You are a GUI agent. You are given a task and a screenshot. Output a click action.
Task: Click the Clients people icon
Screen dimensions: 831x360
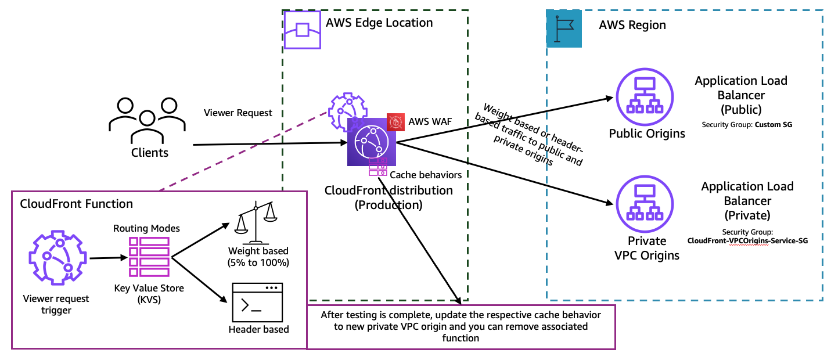point(148,121)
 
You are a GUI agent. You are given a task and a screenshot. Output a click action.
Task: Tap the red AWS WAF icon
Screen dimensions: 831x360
point(395,122)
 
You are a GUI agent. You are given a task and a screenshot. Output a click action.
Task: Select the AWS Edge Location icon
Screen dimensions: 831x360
point(303,30)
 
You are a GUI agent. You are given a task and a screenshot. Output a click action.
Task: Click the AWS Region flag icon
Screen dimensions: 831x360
point(564,28)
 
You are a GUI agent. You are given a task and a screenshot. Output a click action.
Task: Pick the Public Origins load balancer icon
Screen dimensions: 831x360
point(645,97)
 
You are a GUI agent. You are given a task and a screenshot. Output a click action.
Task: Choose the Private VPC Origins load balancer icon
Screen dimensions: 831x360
point(645,204)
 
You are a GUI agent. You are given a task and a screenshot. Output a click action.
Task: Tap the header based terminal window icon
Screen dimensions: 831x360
point(257,303)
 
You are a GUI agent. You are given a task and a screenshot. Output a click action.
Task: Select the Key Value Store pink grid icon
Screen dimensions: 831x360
point(149,257)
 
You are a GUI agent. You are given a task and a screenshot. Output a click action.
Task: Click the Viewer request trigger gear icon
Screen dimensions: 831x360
point(58,258)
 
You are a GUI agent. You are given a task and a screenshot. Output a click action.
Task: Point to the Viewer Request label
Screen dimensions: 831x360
point(238,113)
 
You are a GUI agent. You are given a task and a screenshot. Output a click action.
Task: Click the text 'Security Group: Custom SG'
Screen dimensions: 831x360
point(747,125)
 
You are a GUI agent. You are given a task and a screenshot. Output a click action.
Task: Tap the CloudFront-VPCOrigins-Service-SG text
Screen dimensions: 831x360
point(747,240)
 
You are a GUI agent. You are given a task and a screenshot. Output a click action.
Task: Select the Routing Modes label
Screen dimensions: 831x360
point(146,228)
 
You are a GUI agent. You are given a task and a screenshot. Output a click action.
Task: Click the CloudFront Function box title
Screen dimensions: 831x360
point(77,204)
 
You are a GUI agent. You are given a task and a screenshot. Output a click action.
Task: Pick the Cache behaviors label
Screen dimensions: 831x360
point(426,175)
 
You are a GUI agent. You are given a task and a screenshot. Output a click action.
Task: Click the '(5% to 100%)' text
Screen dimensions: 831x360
point(258,262)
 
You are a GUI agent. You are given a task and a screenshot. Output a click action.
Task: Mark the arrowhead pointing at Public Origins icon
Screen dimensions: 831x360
point(609,99)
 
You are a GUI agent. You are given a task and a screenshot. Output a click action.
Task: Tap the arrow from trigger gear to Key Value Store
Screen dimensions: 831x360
point(109,258)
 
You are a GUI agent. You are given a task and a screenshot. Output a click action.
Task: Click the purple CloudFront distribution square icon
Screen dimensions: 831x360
point(371,142)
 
